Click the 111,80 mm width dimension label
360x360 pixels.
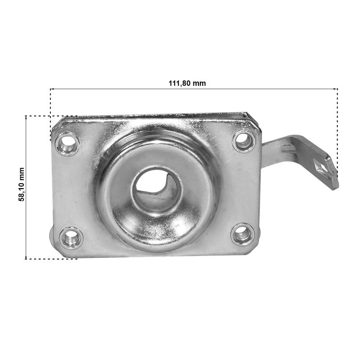(187, 83)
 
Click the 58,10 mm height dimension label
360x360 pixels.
(21, 184)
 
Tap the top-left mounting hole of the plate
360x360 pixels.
(67, 144)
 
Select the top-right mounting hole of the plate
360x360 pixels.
(244, 141)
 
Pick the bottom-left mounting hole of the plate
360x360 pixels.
(71, 238)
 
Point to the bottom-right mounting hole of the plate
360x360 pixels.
(243, 234)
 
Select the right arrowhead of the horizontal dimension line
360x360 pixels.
(336, 88)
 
